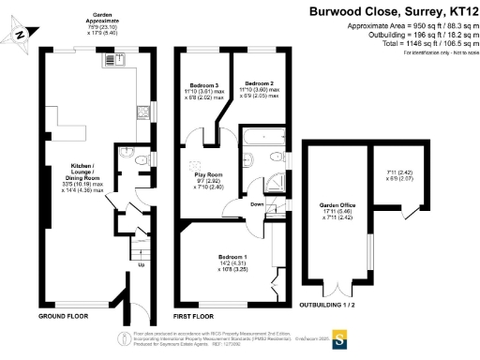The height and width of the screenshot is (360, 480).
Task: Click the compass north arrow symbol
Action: coord(22,36)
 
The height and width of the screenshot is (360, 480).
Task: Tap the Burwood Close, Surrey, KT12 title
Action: coord(391,12)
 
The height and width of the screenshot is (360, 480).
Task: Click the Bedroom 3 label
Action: coord(203,88)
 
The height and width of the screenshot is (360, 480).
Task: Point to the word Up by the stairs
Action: coord(142,264)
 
